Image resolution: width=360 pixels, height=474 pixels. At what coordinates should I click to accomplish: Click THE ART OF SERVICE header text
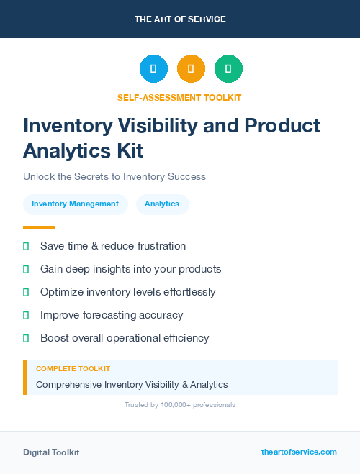(180, 19)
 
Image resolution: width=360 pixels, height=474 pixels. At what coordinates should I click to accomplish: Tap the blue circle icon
(153, 69)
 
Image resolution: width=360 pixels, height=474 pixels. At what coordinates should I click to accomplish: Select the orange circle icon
(191, 69)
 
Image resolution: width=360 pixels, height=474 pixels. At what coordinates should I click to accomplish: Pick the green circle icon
(228, 69)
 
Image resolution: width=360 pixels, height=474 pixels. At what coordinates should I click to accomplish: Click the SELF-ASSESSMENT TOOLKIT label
(180, 97)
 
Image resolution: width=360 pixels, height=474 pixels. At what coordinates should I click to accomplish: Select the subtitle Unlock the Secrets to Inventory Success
(114, 176)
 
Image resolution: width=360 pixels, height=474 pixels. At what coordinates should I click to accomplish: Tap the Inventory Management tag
(75, 204)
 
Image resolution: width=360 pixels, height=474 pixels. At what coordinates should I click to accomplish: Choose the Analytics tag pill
(162, 204)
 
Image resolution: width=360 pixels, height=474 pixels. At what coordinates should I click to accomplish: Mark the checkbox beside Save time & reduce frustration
(26, 246)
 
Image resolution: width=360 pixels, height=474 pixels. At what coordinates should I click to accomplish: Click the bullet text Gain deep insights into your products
(130, 269)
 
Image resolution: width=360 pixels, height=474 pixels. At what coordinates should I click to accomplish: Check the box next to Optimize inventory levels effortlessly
(26, 292)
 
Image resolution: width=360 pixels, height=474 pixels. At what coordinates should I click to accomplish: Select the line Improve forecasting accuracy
(112, 315)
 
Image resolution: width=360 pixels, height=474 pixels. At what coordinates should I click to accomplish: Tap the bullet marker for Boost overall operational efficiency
(26, 338)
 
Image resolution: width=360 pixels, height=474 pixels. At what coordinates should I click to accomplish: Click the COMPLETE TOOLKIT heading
(73, 369)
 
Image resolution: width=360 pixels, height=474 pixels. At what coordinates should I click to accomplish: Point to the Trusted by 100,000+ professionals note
(180, 405)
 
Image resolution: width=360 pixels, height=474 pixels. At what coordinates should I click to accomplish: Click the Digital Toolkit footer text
(51, 452)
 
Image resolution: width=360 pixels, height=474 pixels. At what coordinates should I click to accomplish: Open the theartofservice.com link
(299, 452)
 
